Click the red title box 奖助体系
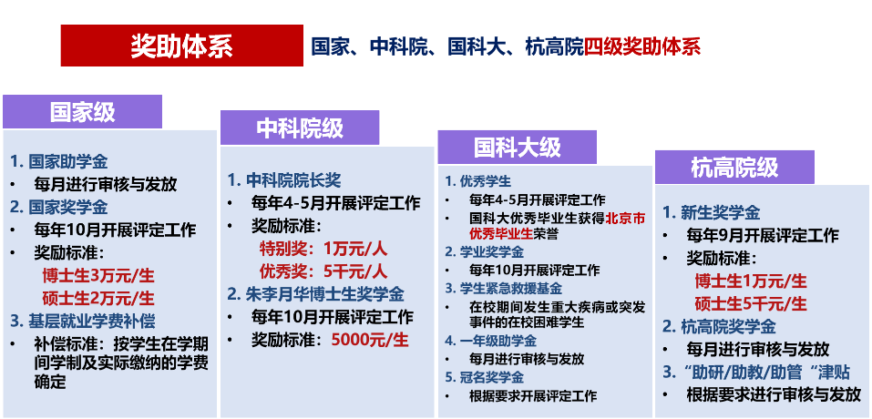(182, 46)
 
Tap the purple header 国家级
(82, 112)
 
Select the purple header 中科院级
(300, 128)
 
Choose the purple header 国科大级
(518, 148)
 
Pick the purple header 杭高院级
(734, 168)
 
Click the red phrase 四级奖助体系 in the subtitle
(642, 46)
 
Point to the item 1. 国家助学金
(59, 162)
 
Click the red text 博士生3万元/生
(98, 275)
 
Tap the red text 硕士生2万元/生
(98, 298)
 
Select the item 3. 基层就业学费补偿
(83, 321)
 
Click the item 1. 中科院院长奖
(284, 180)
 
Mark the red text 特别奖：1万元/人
(323, 249)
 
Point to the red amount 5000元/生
(370, 340)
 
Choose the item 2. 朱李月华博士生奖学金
(316, 294)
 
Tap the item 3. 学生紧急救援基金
(503, 289)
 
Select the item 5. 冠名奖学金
(485, 378)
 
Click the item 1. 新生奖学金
(712, 212)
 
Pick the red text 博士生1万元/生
(751, 281)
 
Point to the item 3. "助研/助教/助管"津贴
(760, 372)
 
